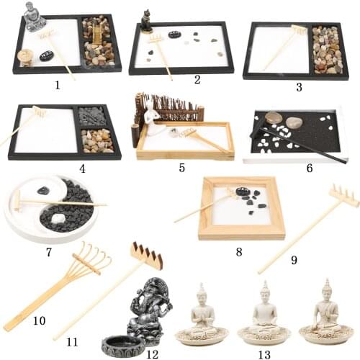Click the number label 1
pos(57,85)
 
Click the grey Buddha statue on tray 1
pos(33,17)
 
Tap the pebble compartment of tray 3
pos(325,50)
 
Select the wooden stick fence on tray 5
pos(168,107)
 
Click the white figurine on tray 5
pos(153,116)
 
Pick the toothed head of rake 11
pos(146,256)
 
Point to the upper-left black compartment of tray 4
pos(91,116)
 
